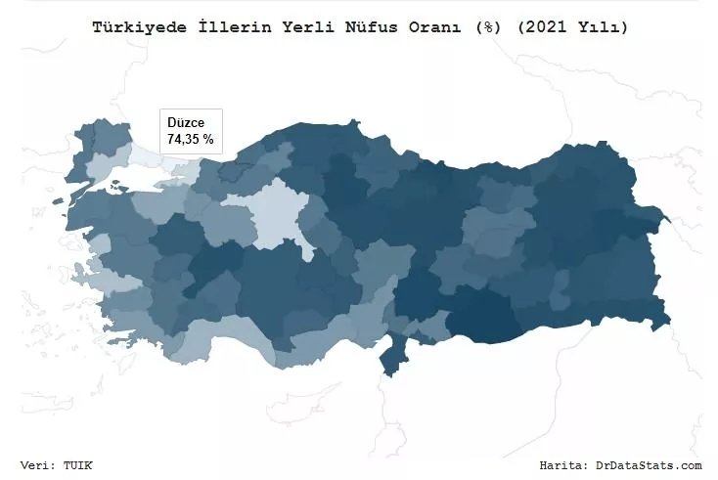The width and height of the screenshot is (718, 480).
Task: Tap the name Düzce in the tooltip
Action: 186,123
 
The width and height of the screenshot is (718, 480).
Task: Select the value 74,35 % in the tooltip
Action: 191,140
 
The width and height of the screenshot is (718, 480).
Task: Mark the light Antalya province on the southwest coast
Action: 210,337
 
